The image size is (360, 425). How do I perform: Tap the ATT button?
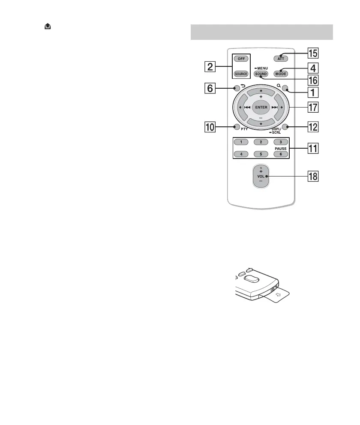[281, 59]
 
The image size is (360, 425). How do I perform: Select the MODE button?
[281, 74]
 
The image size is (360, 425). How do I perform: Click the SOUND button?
[261, 74]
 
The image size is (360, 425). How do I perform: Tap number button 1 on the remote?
[241, 142]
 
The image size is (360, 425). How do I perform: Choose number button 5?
[261, 153]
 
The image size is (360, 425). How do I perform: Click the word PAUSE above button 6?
[281, 148]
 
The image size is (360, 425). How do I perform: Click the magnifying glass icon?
[279, 86]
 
